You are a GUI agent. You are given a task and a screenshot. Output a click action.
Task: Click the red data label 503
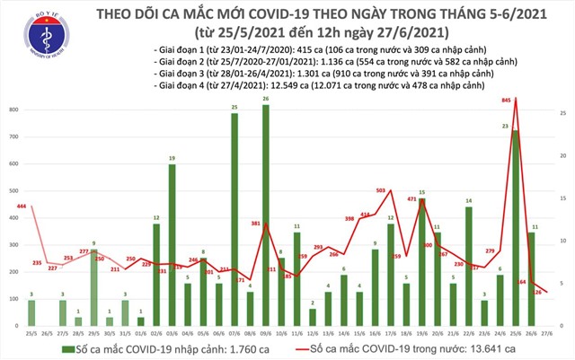pos(381,190)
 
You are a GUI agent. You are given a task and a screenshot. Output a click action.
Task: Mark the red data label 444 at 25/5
pos(19,205)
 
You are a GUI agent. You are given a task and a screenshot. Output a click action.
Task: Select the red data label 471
pos(412,198)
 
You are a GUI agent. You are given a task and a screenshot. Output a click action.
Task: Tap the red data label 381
pos(255,223)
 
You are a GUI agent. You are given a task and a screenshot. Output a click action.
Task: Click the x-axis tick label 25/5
pos(31,331)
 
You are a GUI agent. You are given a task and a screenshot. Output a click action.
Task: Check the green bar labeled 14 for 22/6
pos(469,266)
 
